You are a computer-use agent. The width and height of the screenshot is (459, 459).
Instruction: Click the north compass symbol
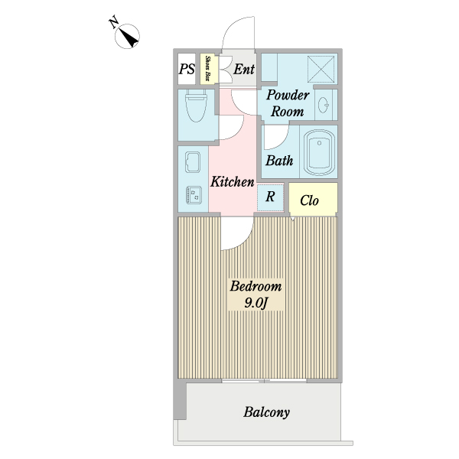tap(128, 35)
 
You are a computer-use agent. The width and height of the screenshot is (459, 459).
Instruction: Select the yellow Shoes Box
tap(207, 69)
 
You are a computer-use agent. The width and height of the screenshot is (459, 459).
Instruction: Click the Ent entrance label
tap(243, 70)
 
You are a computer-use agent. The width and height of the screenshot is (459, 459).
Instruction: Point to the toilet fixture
tap(196, 107)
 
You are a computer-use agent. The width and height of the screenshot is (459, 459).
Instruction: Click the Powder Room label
tap(288, 103)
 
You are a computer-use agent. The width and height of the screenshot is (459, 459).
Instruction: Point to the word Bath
tap(279, 161)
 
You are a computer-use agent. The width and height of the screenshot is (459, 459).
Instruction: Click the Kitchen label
tap(233, 182)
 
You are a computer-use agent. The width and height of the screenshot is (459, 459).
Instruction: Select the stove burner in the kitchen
tap(191, 195)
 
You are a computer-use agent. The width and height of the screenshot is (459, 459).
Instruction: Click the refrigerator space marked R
tap(270, 197)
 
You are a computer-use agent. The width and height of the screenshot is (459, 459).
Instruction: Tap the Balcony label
tap(267, 412)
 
